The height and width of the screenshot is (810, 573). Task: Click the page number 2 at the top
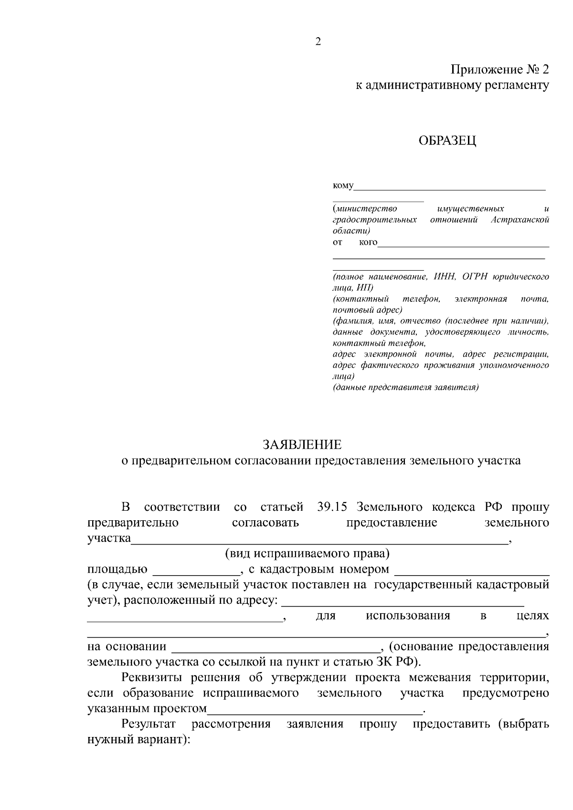point(318,42)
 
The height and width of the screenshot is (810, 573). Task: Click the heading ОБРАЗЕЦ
point(447,141)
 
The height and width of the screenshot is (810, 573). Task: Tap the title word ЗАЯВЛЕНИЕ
point(302,445)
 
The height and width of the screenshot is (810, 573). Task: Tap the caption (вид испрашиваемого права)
point(308,554)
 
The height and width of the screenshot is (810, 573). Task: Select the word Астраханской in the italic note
point(520,220)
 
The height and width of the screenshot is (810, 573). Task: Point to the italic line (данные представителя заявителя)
point(405,387)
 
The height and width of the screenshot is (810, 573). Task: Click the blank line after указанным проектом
point(315,709)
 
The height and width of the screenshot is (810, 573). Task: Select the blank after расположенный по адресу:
point(402,600)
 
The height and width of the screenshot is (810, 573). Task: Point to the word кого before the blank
point(368,242)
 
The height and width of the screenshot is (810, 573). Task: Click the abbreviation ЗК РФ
point(399,663)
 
